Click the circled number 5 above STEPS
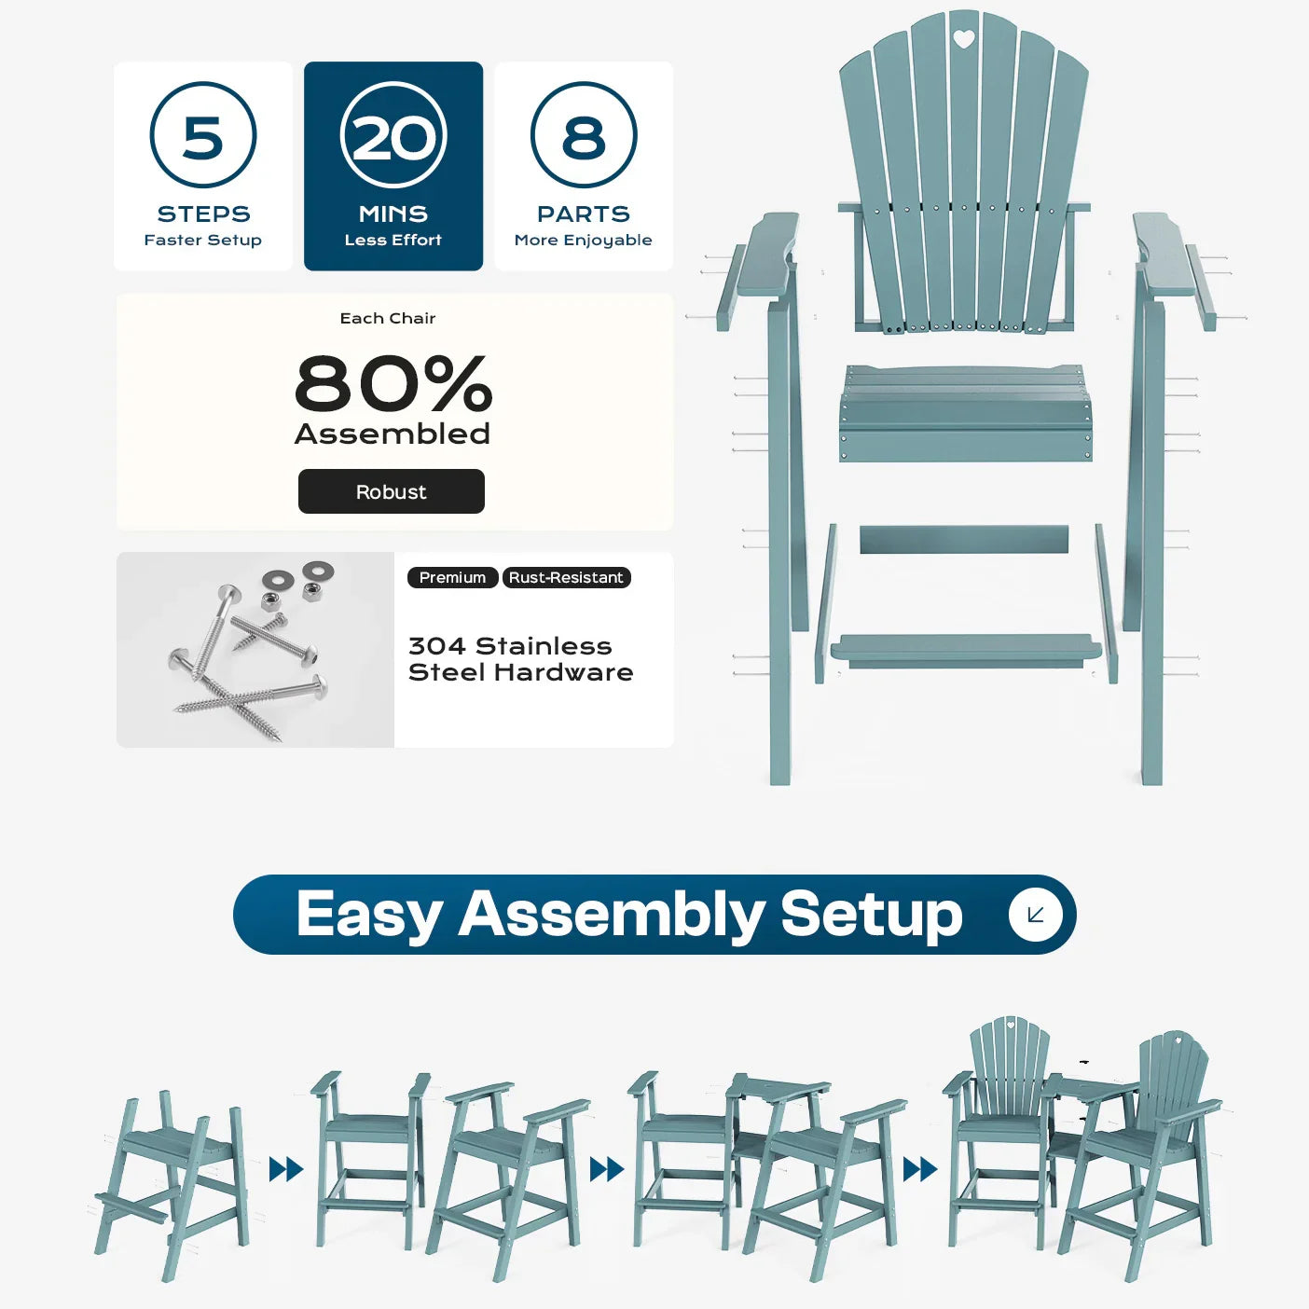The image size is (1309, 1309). [x=203, y=134]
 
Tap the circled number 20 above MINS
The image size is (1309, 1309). [x=393, y=134]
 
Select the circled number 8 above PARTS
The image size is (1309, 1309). [x=584, y=134]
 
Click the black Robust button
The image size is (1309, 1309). [x=392, y=491]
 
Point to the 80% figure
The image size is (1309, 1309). [x=393, y=383]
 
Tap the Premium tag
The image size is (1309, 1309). [x=452, y=577]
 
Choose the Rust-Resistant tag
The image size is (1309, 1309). [x=566, y=577]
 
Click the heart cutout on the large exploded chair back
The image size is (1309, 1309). [x=963, y=39]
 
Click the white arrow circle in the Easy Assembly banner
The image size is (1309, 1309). [x=1035, y=915]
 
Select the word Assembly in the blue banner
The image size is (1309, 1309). [x=611, y=916]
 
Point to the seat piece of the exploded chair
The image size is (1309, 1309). [x=965, y=413]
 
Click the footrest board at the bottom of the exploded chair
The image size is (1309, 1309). [x=965, y=650]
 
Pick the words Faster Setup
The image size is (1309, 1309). [x=202, y=240]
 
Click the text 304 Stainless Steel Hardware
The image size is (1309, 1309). [x=520, y=659]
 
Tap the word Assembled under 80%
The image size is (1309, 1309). [x=393, y=434]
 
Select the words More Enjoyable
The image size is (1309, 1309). [x=583, y=241]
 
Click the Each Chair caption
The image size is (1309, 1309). [x=387, y=318]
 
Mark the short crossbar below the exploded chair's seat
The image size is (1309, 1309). [x=964, y=540]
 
